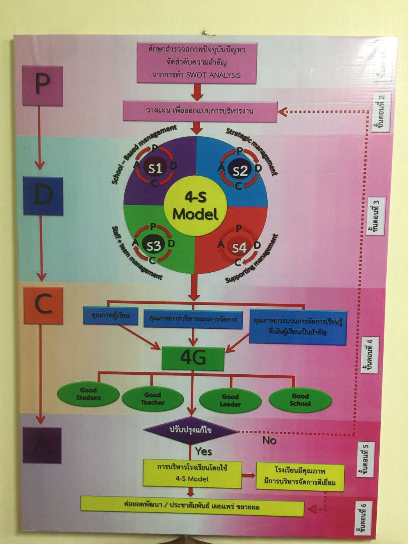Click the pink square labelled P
[43, 86]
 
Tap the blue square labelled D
[43, 196]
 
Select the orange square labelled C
[43, 305]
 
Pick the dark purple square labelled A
[42, 445]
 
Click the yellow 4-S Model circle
[196, 207]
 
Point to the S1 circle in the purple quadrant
[155, 168]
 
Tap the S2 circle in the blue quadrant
[240, 170]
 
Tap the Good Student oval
[88, 394]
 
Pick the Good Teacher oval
[152, 399]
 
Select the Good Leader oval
[230, 400]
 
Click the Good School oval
[300, 400]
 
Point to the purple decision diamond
[190, 430]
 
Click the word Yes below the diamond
[203, 451]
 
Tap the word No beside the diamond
[269, 440]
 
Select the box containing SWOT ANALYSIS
[197, 63]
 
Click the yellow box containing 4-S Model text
[192, 474]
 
